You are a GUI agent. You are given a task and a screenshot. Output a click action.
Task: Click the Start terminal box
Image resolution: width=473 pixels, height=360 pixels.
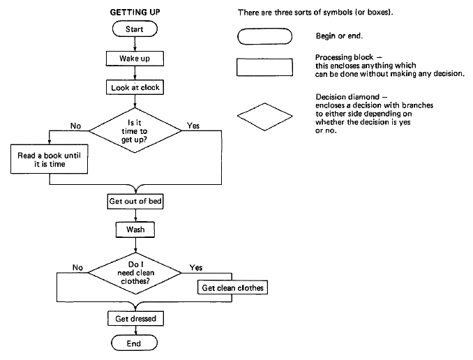coord(135,30)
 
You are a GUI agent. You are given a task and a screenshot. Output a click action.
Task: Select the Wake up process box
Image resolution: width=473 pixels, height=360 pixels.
coord(135,58)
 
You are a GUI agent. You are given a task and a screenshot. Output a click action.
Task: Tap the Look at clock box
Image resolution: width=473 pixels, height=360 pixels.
coord(135,88)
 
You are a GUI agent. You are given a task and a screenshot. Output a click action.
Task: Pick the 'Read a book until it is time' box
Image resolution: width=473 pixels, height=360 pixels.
coord(48,160)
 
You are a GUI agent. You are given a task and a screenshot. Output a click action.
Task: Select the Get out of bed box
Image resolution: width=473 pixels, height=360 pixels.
coord(135,201)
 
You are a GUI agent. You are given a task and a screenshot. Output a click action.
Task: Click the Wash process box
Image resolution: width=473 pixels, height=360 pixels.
coord(135,229)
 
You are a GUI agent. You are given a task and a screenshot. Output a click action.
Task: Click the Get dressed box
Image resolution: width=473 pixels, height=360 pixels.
coord(135,319)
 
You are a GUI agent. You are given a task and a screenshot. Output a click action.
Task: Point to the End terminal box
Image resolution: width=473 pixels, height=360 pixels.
coord(135,343)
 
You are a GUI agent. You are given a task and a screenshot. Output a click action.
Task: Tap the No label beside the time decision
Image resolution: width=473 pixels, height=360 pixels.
coord(76,126)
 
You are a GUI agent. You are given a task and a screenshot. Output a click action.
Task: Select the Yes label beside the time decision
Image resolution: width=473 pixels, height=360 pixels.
coord(193,126)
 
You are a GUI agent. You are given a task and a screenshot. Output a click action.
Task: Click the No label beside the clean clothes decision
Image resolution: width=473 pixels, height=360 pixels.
coord(78,267)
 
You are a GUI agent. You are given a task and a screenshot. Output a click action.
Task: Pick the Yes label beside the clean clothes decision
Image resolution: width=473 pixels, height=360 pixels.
coord(196,267)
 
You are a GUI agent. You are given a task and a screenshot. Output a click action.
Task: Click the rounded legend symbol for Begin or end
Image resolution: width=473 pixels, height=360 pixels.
coord(264,36)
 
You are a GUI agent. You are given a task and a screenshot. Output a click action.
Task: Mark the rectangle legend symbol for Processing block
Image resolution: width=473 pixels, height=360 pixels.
coord(264,67)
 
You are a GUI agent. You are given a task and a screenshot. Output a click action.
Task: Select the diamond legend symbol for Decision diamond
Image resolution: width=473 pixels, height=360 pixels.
coord(264,115)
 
